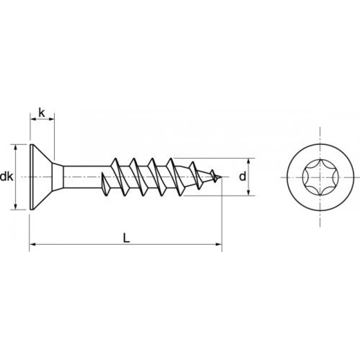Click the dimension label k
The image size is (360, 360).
click(42, 113)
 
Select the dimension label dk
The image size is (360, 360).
click(6, 177)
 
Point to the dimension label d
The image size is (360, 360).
click(242, 177)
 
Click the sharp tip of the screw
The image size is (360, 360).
click(222, 178)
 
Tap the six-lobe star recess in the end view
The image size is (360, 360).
click(320, 177)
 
